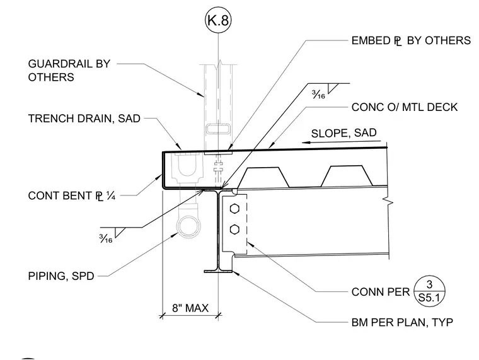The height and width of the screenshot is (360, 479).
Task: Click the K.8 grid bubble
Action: click(x=218, y=20)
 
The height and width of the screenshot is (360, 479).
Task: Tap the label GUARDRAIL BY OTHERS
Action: click(x=69, y=70)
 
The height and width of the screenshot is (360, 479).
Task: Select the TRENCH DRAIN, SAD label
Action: click(x=84, y=119)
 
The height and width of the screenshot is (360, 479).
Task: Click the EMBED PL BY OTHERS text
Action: click(x=411, y=40)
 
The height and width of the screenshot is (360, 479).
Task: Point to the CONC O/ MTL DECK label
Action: click(x=405, y=107)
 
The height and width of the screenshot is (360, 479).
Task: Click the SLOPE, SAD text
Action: click(x=343, y=133)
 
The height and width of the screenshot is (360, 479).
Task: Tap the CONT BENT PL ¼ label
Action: click(x=72, y=195)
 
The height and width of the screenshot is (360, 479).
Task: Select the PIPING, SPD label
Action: click(x=61, y=276)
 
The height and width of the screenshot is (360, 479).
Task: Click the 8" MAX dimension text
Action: click(x=190, y=308)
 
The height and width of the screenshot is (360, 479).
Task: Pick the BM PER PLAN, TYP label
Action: click(x=402, y=322)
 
